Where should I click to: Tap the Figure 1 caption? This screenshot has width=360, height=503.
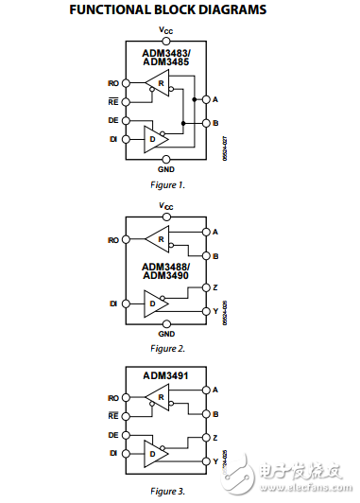(166, 184)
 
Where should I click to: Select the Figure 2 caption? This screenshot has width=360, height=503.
(166, 349)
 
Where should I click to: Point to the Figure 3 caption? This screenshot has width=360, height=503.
(166, 491)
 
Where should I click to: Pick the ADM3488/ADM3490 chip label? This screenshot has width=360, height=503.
(165, 271)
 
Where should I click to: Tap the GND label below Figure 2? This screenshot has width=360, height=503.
(166, 334)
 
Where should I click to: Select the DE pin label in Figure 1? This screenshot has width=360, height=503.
(113, 120)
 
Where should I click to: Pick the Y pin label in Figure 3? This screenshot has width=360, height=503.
(216, 460)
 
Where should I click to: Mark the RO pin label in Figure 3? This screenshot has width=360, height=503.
(113, 399)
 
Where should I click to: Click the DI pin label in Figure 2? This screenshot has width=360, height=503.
(113, 304)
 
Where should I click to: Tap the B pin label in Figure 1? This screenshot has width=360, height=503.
(216, 123)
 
